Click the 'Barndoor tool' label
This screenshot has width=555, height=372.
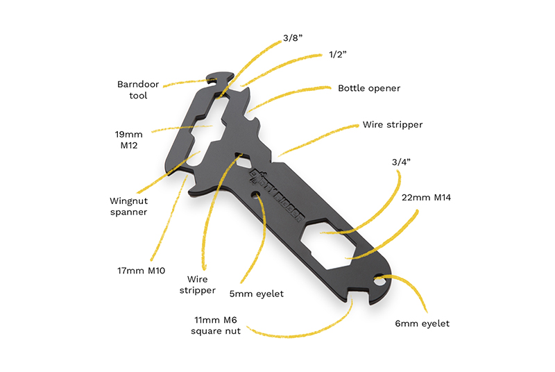pos(138,90)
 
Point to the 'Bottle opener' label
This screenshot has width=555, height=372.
pos(369,88)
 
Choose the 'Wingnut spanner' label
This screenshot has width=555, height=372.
pos(128,206)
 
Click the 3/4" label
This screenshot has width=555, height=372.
pos(401,162)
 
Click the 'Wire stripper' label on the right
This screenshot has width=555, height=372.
pos(392,125)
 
